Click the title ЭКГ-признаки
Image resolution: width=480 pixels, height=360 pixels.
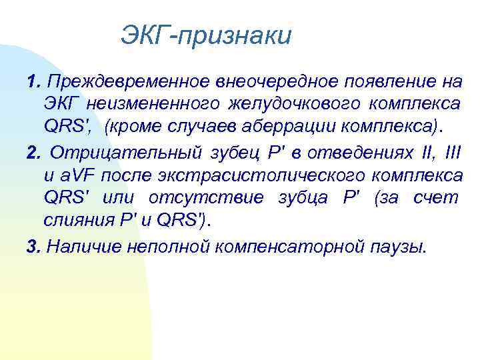tap(206, 35)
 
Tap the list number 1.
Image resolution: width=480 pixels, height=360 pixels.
tap(33, 81)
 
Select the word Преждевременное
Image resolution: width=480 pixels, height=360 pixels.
tap(128, 81)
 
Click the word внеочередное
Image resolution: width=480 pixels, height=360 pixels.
tap(273, 81)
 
